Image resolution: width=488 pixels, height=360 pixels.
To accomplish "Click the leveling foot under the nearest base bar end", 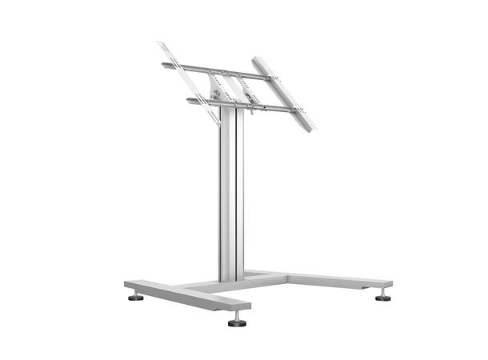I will [x=236, y=322].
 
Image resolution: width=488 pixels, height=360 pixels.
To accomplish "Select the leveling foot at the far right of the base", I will [x=382, y=297].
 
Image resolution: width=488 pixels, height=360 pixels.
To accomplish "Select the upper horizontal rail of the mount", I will [x=216, y=70].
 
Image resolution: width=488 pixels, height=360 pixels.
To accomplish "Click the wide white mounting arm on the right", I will [x=283, y=92].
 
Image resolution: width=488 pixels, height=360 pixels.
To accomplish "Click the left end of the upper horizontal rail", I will [x=163, y=65].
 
